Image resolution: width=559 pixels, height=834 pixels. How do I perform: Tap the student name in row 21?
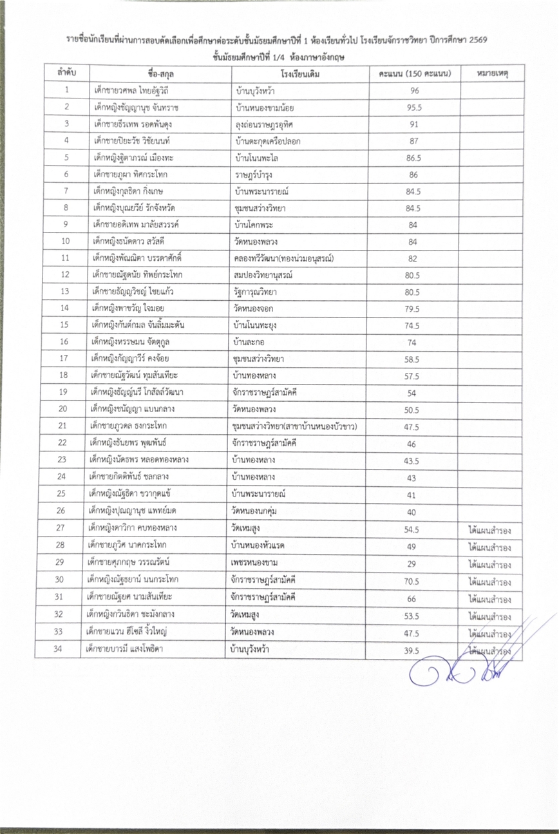click(126, 426)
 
